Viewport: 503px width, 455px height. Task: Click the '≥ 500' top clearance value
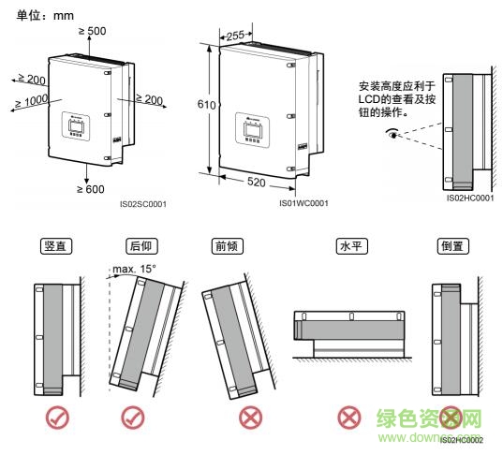(x=91, y=32)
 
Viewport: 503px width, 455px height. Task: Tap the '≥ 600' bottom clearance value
(x=90, y=189)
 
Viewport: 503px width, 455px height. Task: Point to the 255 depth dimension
(x=235, y=36)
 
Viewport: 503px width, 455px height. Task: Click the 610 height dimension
(x=198, y=107)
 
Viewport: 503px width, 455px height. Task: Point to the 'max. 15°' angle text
(x=132, y=270)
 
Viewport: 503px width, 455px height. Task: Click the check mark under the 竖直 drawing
(x=58, y=418)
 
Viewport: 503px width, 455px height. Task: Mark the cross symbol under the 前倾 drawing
(x=225, y=418)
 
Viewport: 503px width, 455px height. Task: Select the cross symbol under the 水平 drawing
(x=349, y=418)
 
